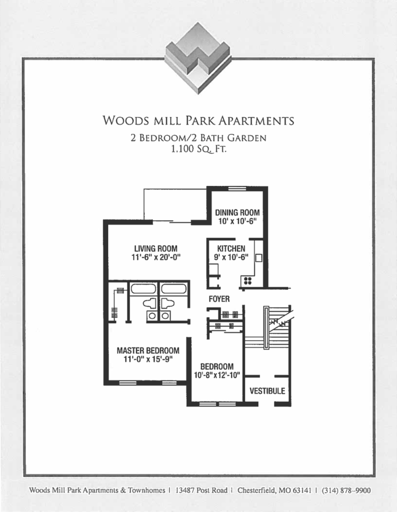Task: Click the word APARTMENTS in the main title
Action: pos(256,121)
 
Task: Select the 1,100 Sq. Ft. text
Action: pos(198,149)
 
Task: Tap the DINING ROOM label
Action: pos(237,213)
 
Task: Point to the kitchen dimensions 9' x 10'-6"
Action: pos(231,258)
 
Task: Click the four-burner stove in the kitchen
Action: pos(248,281)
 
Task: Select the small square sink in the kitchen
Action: pos(259,258)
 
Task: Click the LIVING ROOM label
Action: pos(156,248)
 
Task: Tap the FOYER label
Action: pos(219,299)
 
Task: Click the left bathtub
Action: pos(143,289)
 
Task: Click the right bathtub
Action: pos(173,289)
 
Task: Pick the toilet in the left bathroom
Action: pos(150,303)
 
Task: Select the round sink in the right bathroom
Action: pos(166,316)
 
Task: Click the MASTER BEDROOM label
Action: pos(148,351)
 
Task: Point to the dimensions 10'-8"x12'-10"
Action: pos(217,375)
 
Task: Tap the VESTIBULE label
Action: pos(267,391)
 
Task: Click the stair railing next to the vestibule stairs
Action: pos(266,327)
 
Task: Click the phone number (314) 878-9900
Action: pos(346,490)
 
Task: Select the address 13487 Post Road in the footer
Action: pos(202,490)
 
